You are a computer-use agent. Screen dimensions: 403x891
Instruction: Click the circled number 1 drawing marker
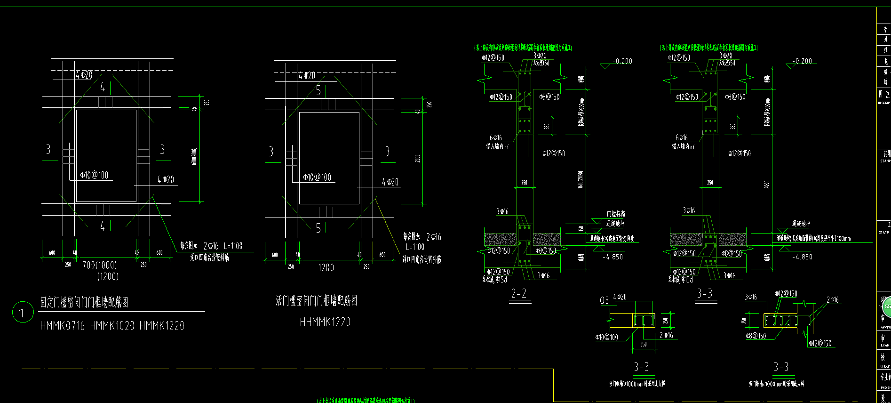[22, 313]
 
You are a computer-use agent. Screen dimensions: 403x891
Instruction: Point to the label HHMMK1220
[325, 322]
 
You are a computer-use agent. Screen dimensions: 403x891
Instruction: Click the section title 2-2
[519, 294]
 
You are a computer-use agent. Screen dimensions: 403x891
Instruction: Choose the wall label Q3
[605, 300]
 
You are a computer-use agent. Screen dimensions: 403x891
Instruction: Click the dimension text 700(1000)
[100, 266]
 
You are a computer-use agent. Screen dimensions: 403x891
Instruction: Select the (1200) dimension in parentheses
[108, 276]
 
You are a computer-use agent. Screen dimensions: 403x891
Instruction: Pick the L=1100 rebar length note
[415, 247]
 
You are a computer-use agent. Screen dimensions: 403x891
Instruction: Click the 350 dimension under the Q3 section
[644, 344]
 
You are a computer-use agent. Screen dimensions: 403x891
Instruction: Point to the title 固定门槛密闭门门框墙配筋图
[84, 302]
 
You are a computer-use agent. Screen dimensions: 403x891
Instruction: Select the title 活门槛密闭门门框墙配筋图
[317, 301]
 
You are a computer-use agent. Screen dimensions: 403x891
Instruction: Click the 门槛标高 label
[616, 214]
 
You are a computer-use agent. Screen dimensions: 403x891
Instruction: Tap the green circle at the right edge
[886, 306]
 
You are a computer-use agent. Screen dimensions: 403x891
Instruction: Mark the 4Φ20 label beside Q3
[620, 297]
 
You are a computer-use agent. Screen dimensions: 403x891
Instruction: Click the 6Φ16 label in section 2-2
[496, 137]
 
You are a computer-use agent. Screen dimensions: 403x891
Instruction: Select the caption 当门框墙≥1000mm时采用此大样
[637, 384]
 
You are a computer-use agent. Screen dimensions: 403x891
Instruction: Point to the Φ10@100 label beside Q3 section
[607, 337]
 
